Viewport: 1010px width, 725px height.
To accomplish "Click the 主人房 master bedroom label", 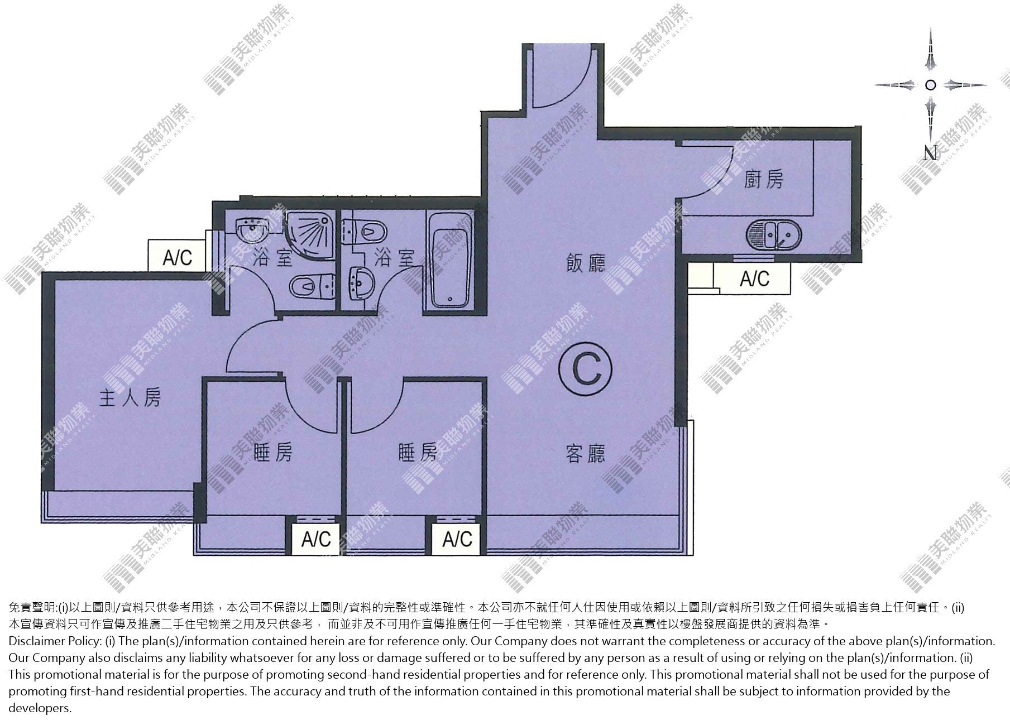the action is tap(130, 398).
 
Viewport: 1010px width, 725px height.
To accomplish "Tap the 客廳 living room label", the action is tap(586, 454).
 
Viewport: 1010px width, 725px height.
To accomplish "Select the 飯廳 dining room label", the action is tap(586, 263).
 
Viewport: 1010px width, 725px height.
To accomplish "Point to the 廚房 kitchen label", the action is tap(764, 179).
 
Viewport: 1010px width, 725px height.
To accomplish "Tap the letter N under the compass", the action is tap(930, 153).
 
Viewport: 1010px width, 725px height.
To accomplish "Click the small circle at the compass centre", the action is tap(930, 85).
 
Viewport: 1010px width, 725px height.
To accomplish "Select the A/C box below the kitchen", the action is tap(754, 278).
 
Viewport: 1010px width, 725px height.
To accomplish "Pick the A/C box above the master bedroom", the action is tap(178, 257).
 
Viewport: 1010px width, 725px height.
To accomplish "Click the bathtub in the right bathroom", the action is tap(449, 260).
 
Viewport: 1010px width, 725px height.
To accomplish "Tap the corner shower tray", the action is tap(310, 236).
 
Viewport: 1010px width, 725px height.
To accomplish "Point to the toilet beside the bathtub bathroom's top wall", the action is tap(363, 232).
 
